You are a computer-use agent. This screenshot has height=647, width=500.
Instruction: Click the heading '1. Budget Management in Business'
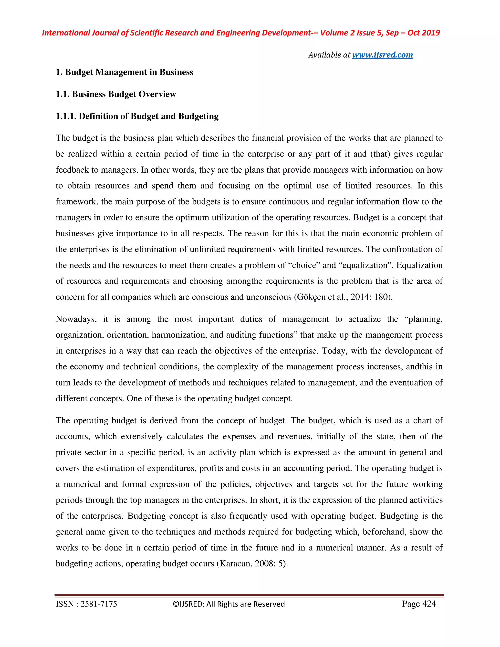[125, 72]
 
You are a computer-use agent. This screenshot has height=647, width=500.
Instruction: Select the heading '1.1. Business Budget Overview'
[116, 94]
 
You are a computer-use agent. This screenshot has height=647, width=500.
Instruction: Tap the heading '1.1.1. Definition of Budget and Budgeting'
[137, 116]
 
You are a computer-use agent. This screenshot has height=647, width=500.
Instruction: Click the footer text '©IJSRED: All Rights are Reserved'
[229, 604]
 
